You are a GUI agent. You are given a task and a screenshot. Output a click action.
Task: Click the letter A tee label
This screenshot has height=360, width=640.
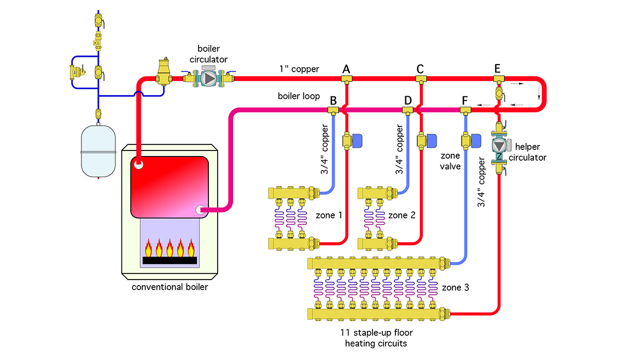pyautogui.click(x=346, y=69)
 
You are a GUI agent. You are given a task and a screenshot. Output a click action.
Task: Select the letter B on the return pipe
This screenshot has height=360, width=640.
pyautogui.click(x=333, y=101)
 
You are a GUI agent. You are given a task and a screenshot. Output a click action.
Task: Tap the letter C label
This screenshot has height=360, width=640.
pyautogui.click(x=420, y=69)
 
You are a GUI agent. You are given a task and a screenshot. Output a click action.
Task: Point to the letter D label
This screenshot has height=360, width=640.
pyautogui.click(x=408, y=101)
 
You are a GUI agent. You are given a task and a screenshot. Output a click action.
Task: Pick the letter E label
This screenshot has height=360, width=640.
pyautogui.click(x=497, y=68)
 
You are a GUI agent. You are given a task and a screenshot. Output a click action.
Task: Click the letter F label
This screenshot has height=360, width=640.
pyautogui.click(x=465, y=101)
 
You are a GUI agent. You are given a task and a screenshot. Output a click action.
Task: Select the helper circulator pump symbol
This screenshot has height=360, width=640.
pyautogui.click(x=499, y=145)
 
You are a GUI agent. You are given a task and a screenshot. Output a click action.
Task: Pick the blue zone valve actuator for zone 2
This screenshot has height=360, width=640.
pyautogui.click(x=432, y=141)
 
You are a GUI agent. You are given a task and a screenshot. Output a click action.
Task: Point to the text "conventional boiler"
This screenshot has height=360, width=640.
pyautogui.click(x=170, y=287)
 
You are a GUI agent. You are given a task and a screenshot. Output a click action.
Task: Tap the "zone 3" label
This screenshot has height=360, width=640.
pyautogui.click(x=455, y=287)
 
